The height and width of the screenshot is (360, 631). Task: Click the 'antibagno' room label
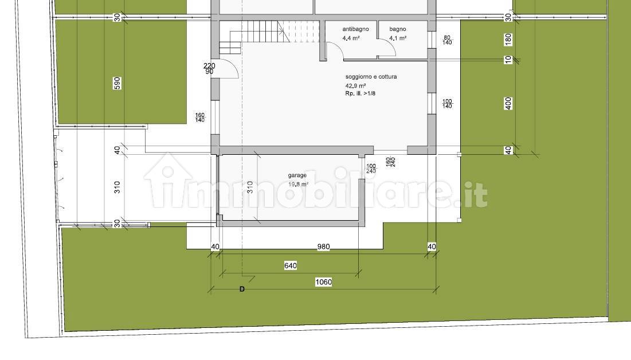click(x=355, y=29)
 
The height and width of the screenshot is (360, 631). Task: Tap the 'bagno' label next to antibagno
click(x=398, y=29)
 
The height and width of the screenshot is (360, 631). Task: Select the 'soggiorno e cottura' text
click(x=371, y=76)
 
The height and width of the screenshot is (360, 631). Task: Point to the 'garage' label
click(x=297, y=175)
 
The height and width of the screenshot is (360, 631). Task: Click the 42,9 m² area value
click(x=355, y=86)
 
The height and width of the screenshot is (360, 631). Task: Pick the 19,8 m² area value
click(x=298, y=184)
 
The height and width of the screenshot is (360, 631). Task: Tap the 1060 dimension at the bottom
click(x=323, y=282)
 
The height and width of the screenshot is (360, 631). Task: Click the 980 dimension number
click(x=324, y=246)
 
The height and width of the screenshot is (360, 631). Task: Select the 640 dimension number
click(x=291, y=265)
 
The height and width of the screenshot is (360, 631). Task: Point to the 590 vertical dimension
click(x=117, y=83)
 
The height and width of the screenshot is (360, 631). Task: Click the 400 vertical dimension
click(x=508, y=103)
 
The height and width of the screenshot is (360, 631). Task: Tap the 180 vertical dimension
click(x=508, y=40)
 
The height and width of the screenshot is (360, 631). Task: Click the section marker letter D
click(x=242, y=289)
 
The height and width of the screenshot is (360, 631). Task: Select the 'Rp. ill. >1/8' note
click(x=360, y=93)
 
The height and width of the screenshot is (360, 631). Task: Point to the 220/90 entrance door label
click(x=209, y=68)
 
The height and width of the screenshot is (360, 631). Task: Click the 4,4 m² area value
click(x=351, y=38)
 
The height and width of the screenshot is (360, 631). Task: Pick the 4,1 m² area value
click(x=398, y=38)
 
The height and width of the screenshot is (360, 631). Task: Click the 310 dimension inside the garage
click(x=250, y=187)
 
